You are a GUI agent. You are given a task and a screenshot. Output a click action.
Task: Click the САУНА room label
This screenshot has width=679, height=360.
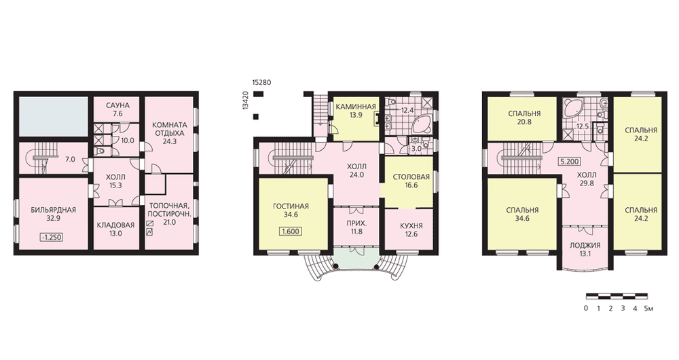pyautogui.click(x=117, y=105)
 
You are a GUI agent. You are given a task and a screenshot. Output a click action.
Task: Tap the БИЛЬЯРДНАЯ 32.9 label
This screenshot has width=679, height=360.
pyautogui.click(x=53, y=215)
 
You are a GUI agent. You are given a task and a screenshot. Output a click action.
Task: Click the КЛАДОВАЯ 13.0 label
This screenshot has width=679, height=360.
pyautogui.click(x=115, y=229)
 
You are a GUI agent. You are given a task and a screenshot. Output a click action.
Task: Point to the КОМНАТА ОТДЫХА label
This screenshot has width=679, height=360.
pyautogui.click(x=169, y=129)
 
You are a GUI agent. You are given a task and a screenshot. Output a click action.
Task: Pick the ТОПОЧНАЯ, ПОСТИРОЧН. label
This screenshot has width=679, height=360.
pyautogui.click(x=169, y=210)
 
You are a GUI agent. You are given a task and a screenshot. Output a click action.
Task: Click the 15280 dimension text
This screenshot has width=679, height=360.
pyautogui.click(x=261, y=82)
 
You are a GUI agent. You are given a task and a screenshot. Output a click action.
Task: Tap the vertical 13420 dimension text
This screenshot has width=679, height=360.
pyautogui.click(x=245, y=101)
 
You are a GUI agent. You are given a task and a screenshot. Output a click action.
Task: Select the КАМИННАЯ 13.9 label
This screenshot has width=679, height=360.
pyautogui.click(x=354, y=110)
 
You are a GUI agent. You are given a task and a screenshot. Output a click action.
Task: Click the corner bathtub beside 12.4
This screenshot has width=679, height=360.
pyautogui.click(x=420, y=124)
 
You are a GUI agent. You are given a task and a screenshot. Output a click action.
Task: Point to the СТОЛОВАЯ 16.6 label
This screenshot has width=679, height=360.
pyautogui.click(x=411, y=181)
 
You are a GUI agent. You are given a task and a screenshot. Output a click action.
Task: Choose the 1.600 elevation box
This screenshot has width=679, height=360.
pyautogui.click(x=291, y=232)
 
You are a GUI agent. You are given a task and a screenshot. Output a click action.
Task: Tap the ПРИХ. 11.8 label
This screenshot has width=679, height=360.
pyautogui.click(x=356, y=228)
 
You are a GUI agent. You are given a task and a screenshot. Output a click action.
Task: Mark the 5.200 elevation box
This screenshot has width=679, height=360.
pyautogui.click(x=570, y=162)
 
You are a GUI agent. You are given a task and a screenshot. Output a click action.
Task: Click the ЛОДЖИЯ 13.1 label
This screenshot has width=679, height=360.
pyautogui.click(x=585, y=249)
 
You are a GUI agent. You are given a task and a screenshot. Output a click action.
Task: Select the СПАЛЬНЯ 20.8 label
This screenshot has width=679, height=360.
pyautogui.click(x=524, y=118)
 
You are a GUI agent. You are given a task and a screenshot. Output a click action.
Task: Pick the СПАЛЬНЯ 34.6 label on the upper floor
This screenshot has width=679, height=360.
pyautogui.click(x=522, y=214)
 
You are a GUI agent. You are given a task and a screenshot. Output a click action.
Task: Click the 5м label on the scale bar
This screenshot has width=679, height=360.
pyautogui.click(x=648, y=309)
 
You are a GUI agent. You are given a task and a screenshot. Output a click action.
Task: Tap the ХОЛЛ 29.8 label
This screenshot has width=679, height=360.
pyautogui.click(x=587, y=179)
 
